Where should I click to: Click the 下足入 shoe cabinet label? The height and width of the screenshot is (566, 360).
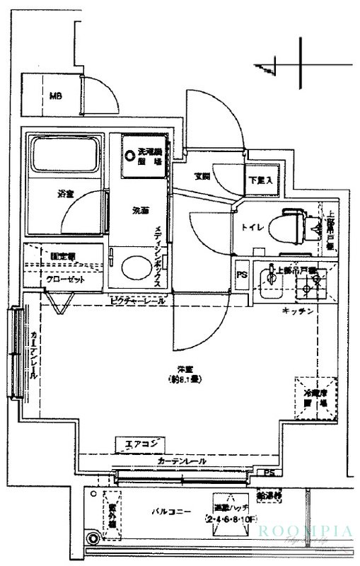coord(258,180)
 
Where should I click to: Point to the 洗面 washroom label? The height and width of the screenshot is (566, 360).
coord(140,210)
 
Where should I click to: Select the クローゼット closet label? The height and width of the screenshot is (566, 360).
coord(65,279)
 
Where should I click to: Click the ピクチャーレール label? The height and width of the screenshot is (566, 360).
coord(139,301)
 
